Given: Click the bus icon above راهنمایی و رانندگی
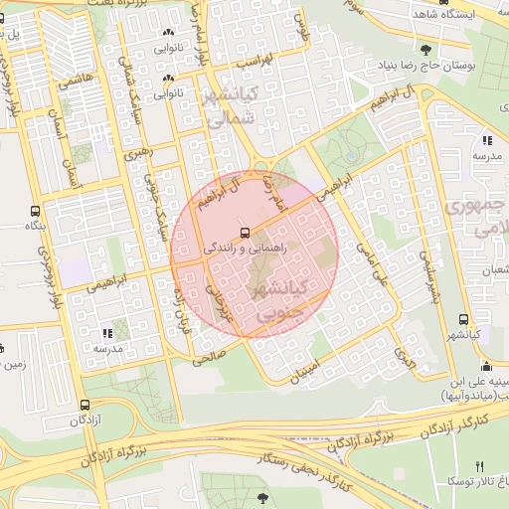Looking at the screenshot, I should click(x=246, y=233).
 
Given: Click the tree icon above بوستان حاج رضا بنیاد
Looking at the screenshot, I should click(x=426, y=50).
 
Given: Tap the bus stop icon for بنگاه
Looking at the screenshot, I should click(x=36, y=212).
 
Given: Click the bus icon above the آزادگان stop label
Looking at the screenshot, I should click(x=85, y=405).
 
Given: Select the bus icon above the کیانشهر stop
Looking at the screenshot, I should click(x=464, y=319).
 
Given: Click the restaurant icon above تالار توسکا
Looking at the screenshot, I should click(x=480, y=465).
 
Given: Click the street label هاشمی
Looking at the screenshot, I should click(x=78, y=81).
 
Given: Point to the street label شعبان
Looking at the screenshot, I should click(x=494, y=269).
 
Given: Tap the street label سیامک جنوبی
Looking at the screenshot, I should click(x=145, y=204).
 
